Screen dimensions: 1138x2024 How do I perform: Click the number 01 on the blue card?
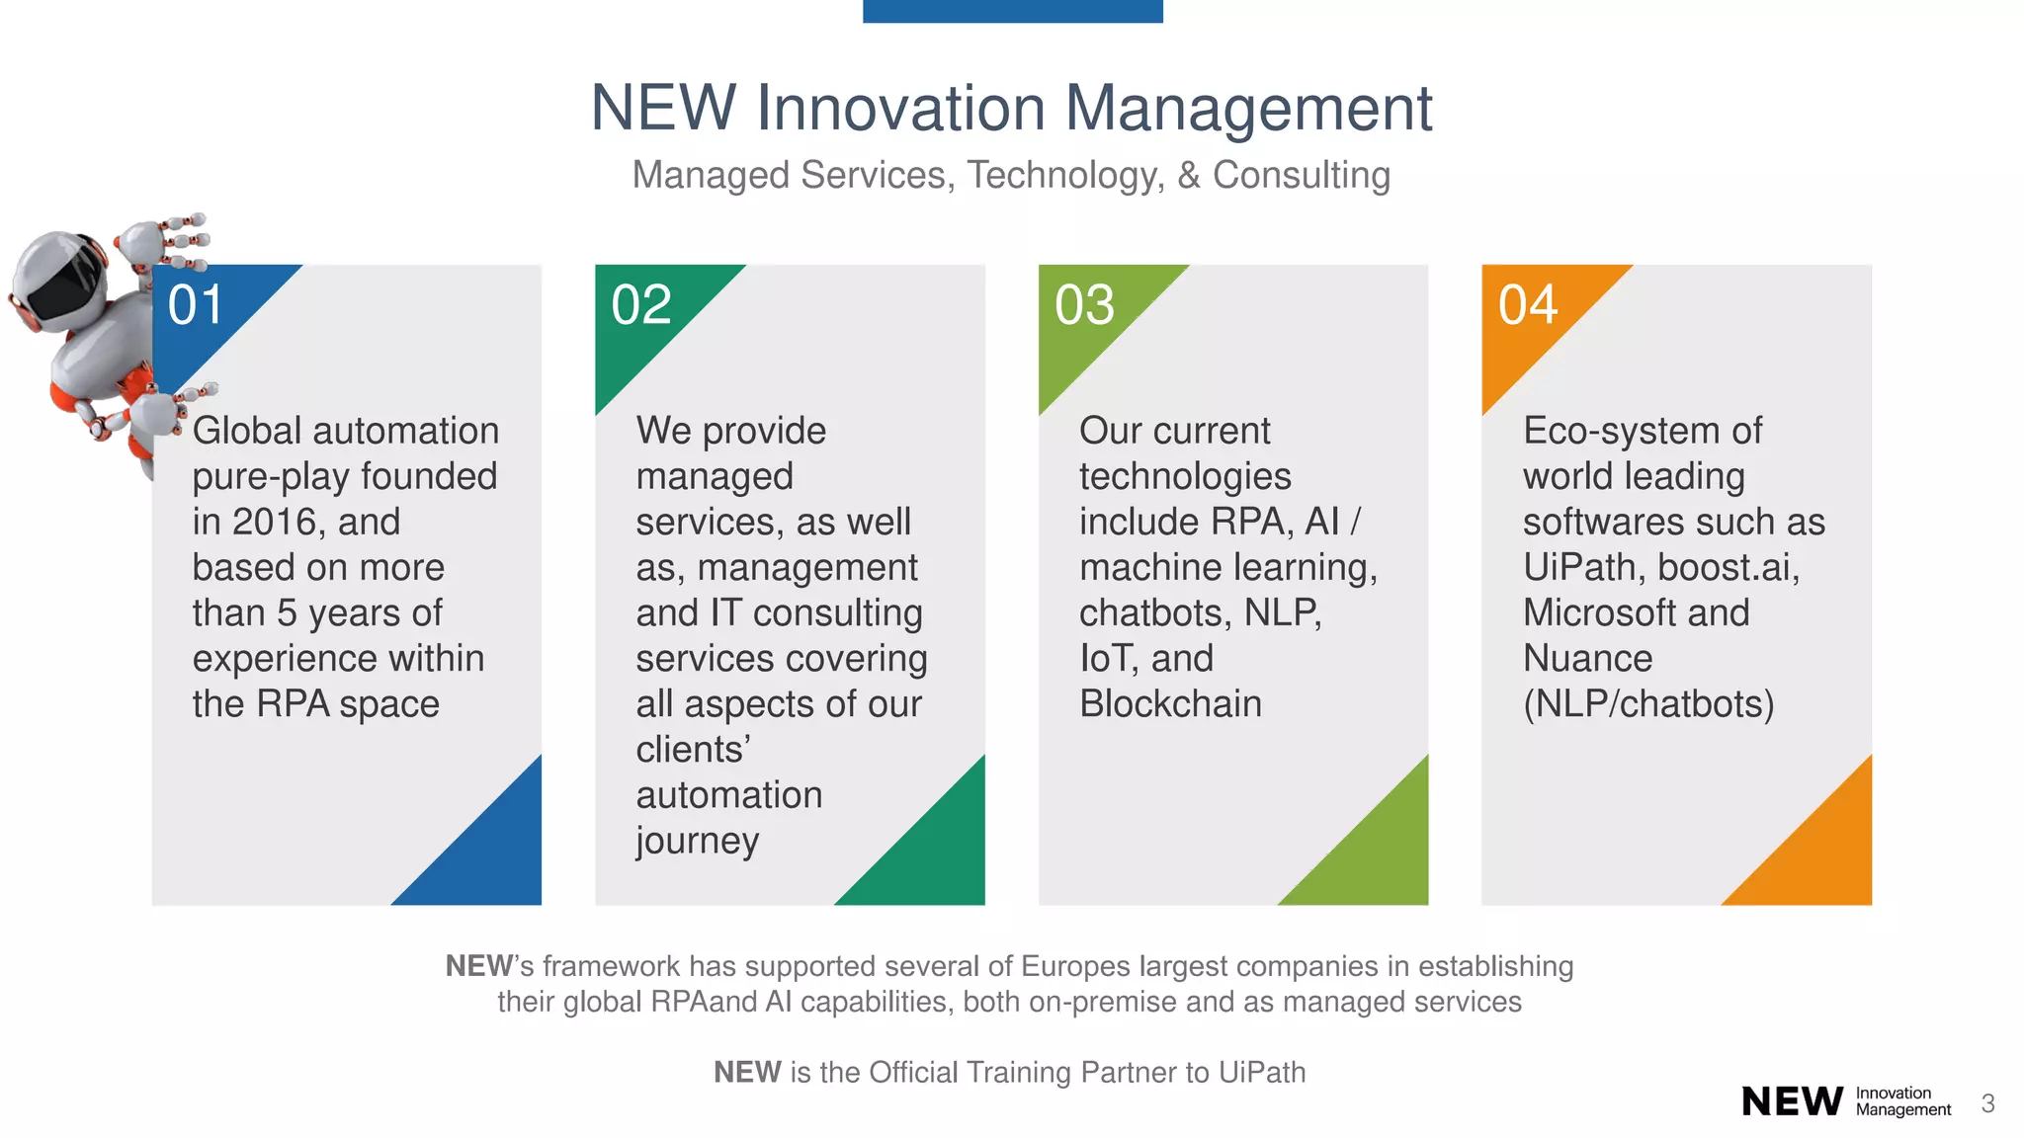pos(196,304)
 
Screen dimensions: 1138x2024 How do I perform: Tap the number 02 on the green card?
pos(640,304)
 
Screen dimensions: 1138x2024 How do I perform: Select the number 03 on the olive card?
pos(1084,304)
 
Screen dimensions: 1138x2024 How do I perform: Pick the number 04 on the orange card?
pos(1528,304)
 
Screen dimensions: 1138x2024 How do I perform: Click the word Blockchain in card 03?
pos(1170,703)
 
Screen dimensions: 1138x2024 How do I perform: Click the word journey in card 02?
pos(697,841)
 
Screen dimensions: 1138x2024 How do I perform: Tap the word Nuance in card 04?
pos(1587,658)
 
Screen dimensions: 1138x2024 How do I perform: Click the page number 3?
pos(1987,1103)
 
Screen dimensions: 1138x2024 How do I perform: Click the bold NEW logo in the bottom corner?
pos(1792,1100)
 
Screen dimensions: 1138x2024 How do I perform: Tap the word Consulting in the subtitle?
pos(1301,175)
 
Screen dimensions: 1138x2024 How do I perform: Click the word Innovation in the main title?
pos(900,108)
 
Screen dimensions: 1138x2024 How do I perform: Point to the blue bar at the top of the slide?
pos(1012,10)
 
